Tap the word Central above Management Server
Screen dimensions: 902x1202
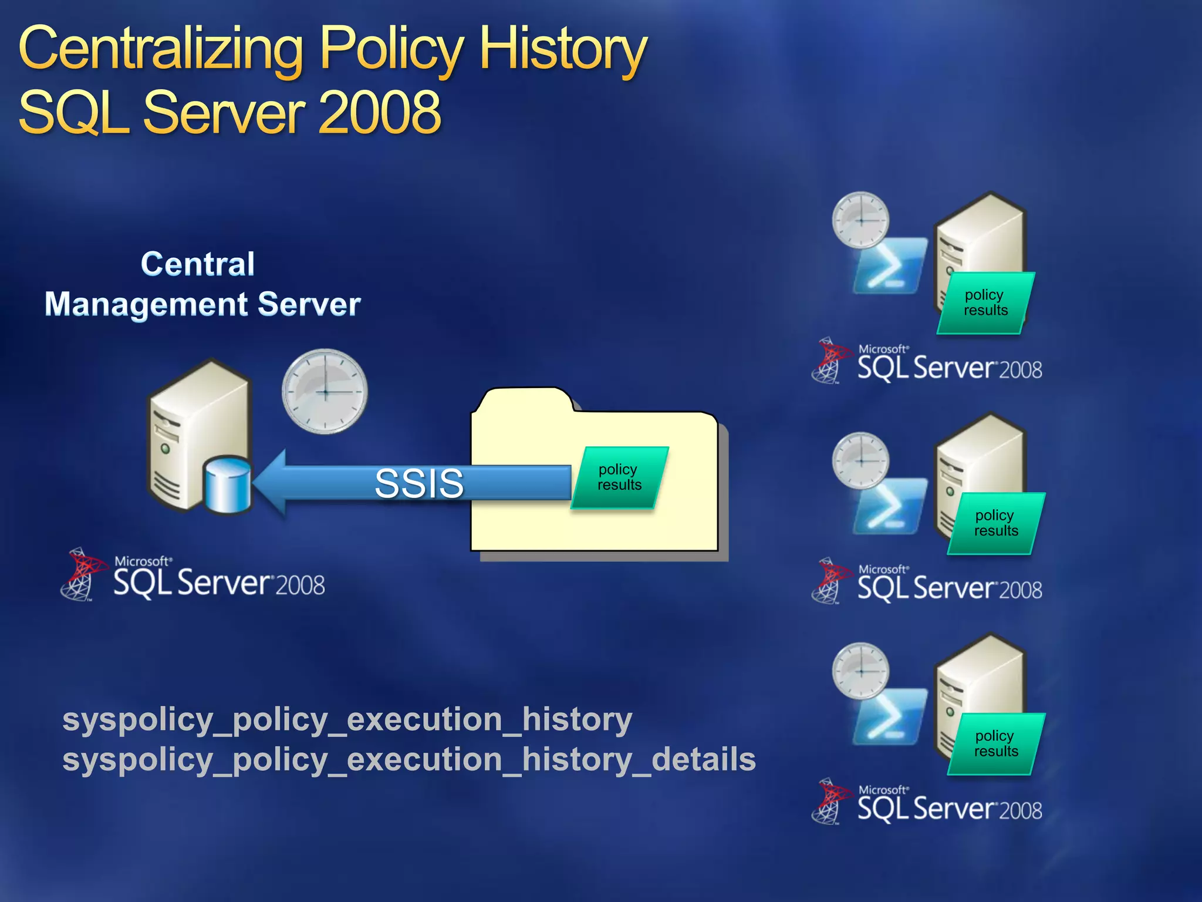198,264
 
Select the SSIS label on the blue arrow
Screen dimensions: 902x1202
419,483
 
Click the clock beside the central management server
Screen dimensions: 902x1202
325,391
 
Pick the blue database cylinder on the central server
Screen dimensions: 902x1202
228,485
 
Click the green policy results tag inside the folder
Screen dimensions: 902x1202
620,477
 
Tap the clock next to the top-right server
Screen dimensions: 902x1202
860,220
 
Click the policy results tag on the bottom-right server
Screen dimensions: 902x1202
996,743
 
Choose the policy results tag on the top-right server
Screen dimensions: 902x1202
985,302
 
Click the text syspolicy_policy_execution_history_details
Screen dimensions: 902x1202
408,759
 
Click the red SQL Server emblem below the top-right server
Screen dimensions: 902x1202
830,359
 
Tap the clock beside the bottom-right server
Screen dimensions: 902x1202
860,671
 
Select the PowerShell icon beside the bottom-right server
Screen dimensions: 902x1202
889,718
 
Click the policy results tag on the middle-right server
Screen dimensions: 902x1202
996,523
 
